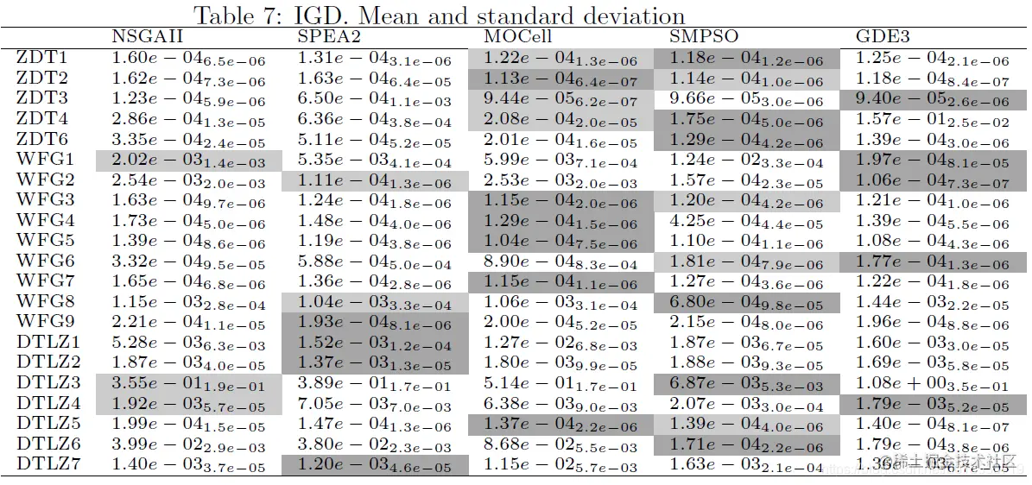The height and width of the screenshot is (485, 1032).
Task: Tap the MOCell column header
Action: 517,37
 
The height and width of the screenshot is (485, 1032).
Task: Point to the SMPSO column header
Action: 702,37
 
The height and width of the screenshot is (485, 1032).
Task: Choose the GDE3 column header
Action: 883,37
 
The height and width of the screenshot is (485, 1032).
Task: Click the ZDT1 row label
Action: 41,58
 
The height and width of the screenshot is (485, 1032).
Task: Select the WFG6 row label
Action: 45,260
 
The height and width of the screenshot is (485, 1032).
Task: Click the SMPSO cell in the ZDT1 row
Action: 747,59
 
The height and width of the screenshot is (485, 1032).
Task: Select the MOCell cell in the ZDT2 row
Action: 560,79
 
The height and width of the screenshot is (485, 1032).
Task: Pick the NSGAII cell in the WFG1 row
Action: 189,160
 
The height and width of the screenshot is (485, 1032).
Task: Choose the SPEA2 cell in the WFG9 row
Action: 375,322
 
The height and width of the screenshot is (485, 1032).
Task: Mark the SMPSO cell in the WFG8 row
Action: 747,301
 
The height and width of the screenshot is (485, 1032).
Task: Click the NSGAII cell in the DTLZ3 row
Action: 189,382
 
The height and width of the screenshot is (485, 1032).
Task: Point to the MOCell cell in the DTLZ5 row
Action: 560,423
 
